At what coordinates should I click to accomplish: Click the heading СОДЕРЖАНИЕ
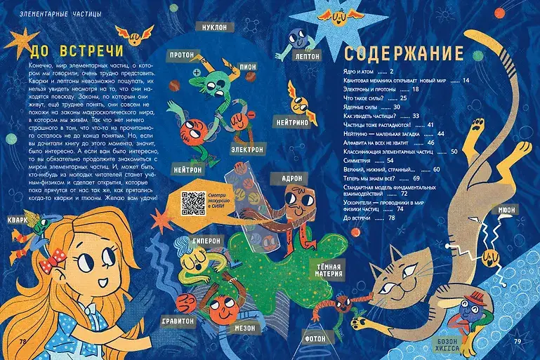point(403,54)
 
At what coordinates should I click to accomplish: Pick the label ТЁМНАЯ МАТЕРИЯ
point(329,270)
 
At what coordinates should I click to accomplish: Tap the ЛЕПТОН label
point(308,56)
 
